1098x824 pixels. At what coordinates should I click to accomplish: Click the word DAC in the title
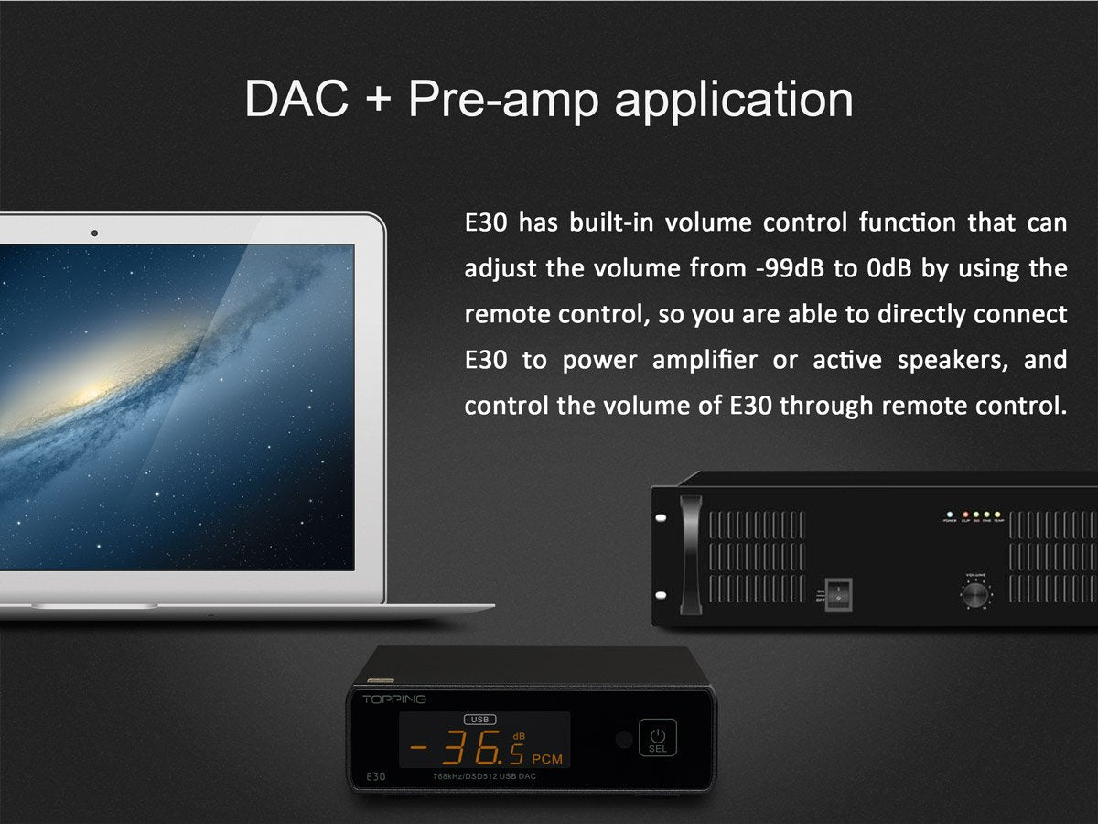tap(296, 99)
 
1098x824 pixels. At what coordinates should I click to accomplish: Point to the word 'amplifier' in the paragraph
tap(705, 361)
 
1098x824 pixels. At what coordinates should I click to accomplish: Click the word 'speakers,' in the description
tap(953, 361)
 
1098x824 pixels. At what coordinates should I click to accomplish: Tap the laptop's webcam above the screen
tap(94, 233)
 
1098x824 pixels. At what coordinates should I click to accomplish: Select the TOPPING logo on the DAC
tap(393, 699)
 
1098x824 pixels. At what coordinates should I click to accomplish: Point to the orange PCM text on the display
tap(547, 759)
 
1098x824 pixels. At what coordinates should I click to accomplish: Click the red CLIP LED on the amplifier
tap(963, 515)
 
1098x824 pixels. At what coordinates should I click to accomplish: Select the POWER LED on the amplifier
tap(950, 515)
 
